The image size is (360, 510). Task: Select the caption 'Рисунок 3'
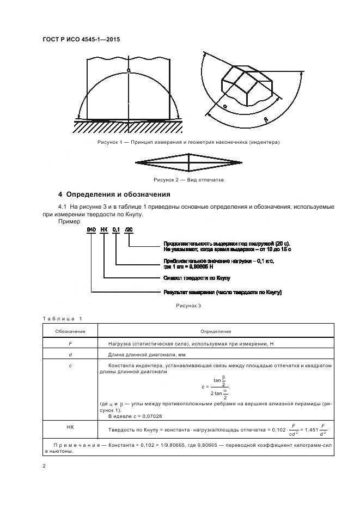pyautogui.click(x=188, y=306)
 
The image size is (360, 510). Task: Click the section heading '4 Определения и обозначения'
pyautogui.click(x=114, y=195)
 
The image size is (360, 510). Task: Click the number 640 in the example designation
pyautogui.click(x=91, y=230)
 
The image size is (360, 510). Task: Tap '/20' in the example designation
pyautogui.click(x=129, y=230)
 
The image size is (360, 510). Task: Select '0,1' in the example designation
pyautogui.click(x=116, y=230)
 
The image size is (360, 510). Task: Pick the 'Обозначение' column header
pyautogui.click(x=70, y=331)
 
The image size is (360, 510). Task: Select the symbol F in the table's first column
pyautogui.click(x=70, y=343)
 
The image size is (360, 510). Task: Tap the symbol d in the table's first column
pyautogui.click(x=70, y=355)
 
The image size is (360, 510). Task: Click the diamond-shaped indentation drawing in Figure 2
pyautogui.click(x=188, y=162)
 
